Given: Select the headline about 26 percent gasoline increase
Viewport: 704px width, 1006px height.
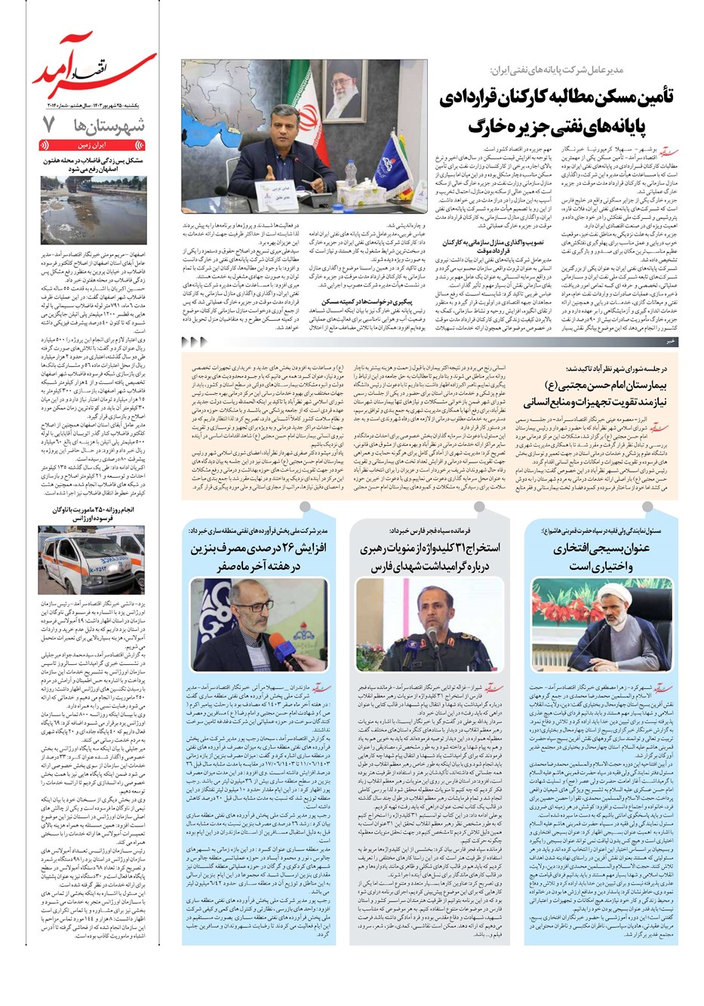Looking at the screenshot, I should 259,556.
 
